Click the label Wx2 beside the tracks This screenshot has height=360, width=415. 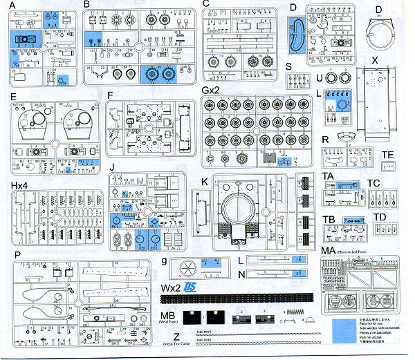(171, 287)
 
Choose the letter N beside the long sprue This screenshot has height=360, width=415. (240, 275)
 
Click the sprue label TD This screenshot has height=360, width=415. (380, 217)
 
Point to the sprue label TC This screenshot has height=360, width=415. (374, 184)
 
